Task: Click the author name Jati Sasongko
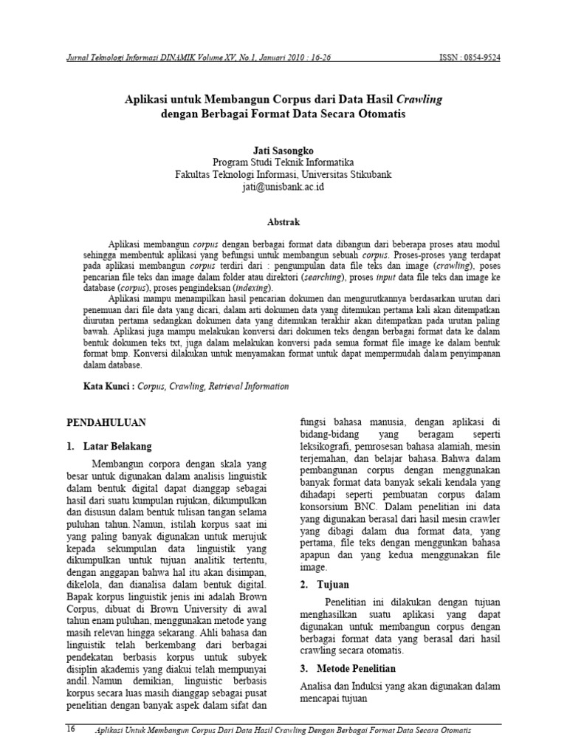283,150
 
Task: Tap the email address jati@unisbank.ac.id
283,188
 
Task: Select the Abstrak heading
283,220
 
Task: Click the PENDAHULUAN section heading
106,422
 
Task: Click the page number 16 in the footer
72,729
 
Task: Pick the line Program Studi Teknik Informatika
283,162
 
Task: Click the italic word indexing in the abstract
252,286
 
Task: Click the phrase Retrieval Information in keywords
249,386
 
